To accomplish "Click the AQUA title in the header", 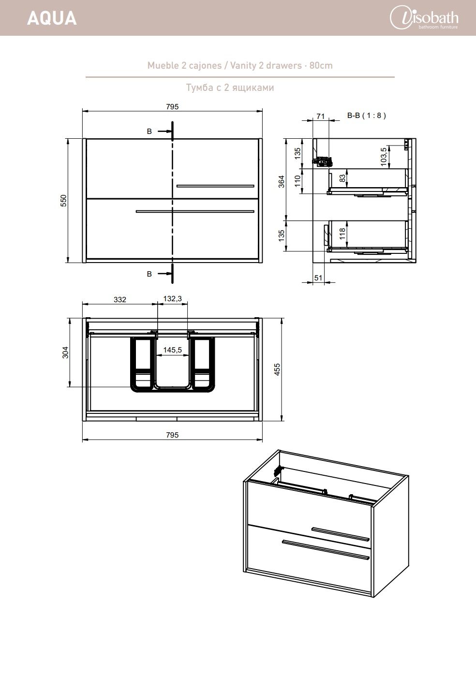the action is pyautogui.click(x=52, y=18).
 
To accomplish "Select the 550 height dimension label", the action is pyautogui.click(x=63, y=201).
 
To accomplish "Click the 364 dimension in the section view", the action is pyautogui.click(x=281, y=181).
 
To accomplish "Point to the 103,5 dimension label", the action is pyautogui.click(x=384, y=157).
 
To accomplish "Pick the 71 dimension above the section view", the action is pyautogui.click(x=321, y=117).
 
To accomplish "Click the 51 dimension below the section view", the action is pyautogui.click(x=318, y=278).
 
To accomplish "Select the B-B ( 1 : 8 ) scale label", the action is pyautogui.click(x=367, y=116).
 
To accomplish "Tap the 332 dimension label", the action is pyautogui.click(x=120, y=299).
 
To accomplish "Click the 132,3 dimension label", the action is pyautogui.click(x=172, y=299).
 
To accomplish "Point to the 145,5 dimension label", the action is pyautogui.click(x=172, y=350).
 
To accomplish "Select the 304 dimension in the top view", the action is pyautogui.click(x=65, y=352).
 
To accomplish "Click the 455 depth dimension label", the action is pyautogui.click(x=277, y=369).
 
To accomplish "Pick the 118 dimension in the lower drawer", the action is pyautogui.click(x=342, y=234).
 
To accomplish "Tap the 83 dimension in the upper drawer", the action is pyautogui.click(x=342, y=178).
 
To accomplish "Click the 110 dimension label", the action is pyautogui.click(x=297, y=181).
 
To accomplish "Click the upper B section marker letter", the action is pyautogui.click(x=149, y=132).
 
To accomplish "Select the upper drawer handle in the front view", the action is pyautogui.click(x=216, y=186).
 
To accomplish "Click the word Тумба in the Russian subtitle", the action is pyautogui.click(x=200, y=88).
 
